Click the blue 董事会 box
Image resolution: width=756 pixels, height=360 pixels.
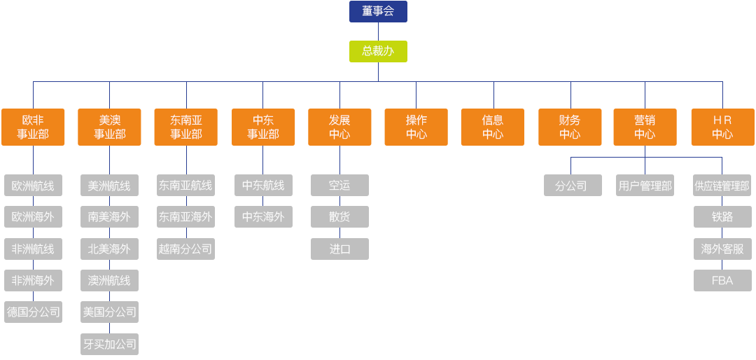pos(378,11)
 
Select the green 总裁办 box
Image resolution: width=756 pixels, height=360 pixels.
pos(378,51)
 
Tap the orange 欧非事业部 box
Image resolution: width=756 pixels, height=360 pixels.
pos(33,127)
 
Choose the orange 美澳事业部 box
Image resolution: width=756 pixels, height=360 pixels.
pos(110,127)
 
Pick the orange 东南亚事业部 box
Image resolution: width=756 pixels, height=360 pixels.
pos(186,127)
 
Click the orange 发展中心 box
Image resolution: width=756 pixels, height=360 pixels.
pos(339,127)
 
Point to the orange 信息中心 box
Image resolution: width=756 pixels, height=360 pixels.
pos(493,127)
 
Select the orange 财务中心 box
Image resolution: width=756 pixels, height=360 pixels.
pos(570,127)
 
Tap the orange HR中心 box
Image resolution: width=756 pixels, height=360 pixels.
pos(722,127)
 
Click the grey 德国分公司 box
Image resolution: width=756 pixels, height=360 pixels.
pos(33,312)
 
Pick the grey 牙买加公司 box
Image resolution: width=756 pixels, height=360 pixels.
pos(110,344)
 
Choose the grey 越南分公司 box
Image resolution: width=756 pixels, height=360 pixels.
pos(186,249)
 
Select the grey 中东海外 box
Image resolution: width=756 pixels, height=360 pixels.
pos(263,217)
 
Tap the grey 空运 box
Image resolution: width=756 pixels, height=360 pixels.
pos(339,186)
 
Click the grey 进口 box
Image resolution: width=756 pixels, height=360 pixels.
pos(339,249)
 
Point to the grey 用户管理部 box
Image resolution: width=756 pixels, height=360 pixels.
pos(645,186)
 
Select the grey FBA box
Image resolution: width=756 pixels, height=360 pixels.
pos(722,280)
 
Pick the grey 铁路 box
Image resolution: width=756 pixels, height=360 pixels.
pos(722,217)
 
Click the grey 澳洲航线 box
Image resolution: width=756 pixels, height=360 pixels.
pos(110,280)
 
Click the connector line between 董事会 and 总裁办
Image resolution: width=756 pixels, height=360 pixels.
pos(378,32)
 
